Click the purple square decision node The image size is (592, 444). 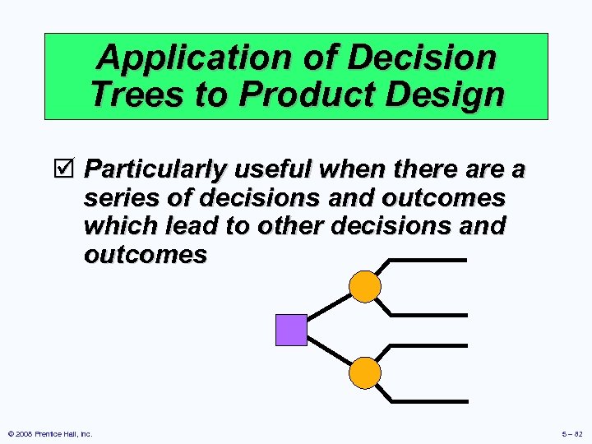pyautogui.click(x=291, y=330)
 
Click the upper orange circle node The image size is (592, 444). pyautogui.click(x=365, y=287)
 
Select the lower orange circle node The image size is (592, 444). pyautogui.click(x=365, y=373)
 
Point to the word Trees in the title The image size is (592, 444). pyautogui.click(x=136, y=95)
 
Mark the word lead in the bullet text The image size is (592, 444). pyautogui.click(x=192, y=226)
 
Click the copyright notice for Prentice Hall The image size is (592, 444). pyautogui.click(x=50, y=433)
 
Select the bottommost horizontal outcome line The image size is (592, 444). pyautogui.click(x=428, y=401)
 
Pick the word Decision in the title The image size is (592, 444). pyautogui.click(x=423, y=58)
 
